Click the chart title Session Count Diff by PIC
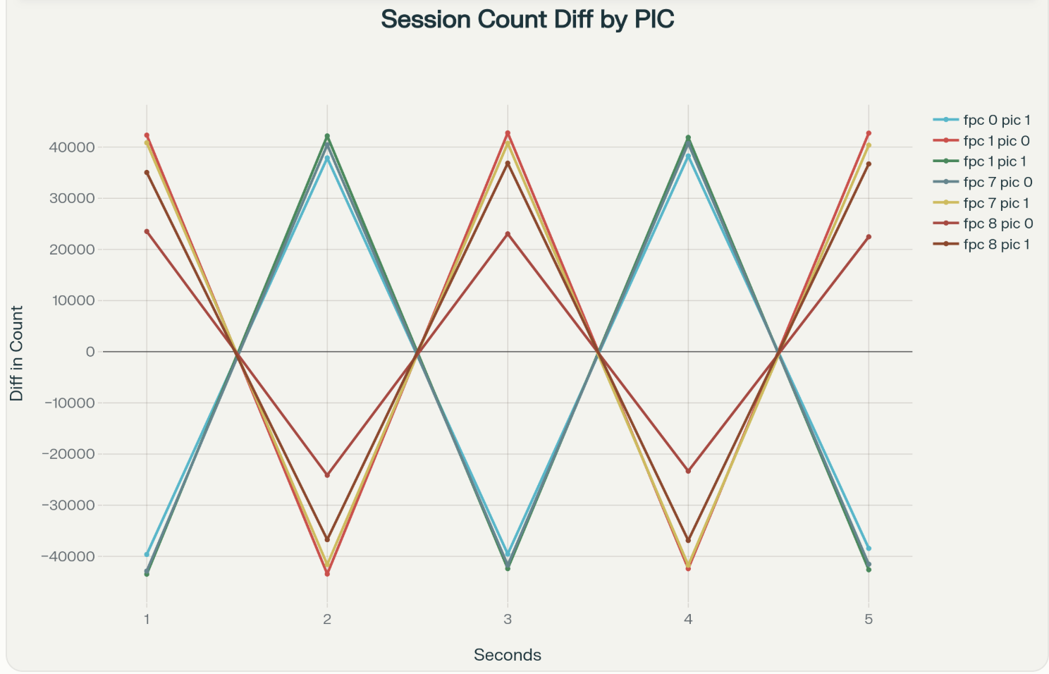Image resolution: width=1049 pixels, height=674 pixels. coord(527,20)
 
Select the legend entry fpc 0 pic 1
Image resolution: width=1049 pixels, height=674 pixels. coord(996,120)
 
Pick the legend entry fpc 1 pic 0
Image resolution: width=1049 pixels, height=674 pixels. coord(996,141)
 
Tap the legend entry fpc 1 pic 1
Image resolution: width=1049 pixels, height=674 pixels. coord(995,161)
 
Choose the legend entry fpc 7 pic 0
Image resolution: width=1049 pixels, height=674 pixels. coord(998,182)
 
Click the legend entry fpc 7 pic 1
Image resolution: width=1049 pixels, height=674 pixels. coord(996,203)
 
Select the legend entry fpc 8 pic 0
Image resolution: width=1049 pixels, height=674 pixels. coord(998,223)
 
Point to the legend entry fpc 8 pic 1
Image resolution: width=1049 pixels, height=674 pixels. coord(996,245)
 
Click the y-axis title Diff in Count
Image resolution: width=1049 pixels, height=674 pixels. coord(16,353)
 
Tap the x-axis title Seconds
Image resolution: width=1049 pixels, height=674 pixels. coord(508,655)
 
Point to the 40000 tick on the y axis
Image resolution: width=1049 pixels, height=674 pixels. coord(70,147)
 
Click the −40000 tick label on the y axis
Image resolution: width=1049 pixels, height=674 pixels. coord(68,556)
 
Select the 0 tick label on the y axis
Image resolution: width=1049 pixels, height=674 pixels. coord(90,352)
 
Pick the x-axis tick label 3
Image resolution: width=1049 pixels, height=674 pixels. coord(508,620)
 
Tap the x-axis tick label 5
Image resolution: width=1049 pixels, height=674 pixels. coord(869,620)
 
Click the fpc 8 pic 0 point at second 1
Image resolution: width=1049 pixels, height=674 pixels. coord(147,231)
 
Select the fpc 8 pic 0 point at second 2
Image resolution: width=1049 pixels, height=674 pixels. coord(327,475)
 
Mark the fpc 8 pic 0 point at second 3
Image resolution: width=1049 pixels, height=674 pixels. coord(508,234)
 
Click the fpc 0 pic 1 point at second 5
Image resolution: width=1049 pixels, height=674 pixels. coord(869,549)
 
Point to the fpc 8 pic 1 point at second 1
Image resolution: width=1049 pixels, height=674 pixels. coord(147,173)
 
